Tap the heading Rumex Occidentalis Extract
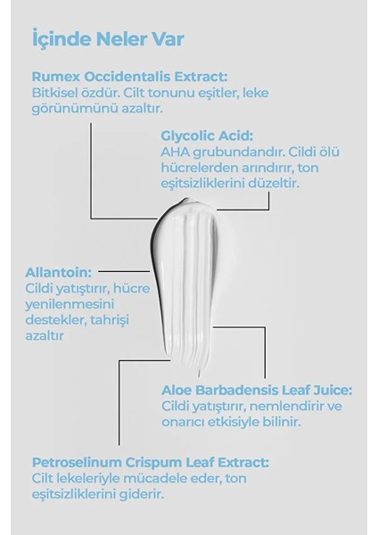pos(129,77)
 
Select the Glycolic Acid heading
pos(207,136)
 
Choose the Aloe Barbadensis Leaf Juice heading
pos(257,390)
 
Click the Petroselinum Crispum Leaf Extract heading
pos(150,463)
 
